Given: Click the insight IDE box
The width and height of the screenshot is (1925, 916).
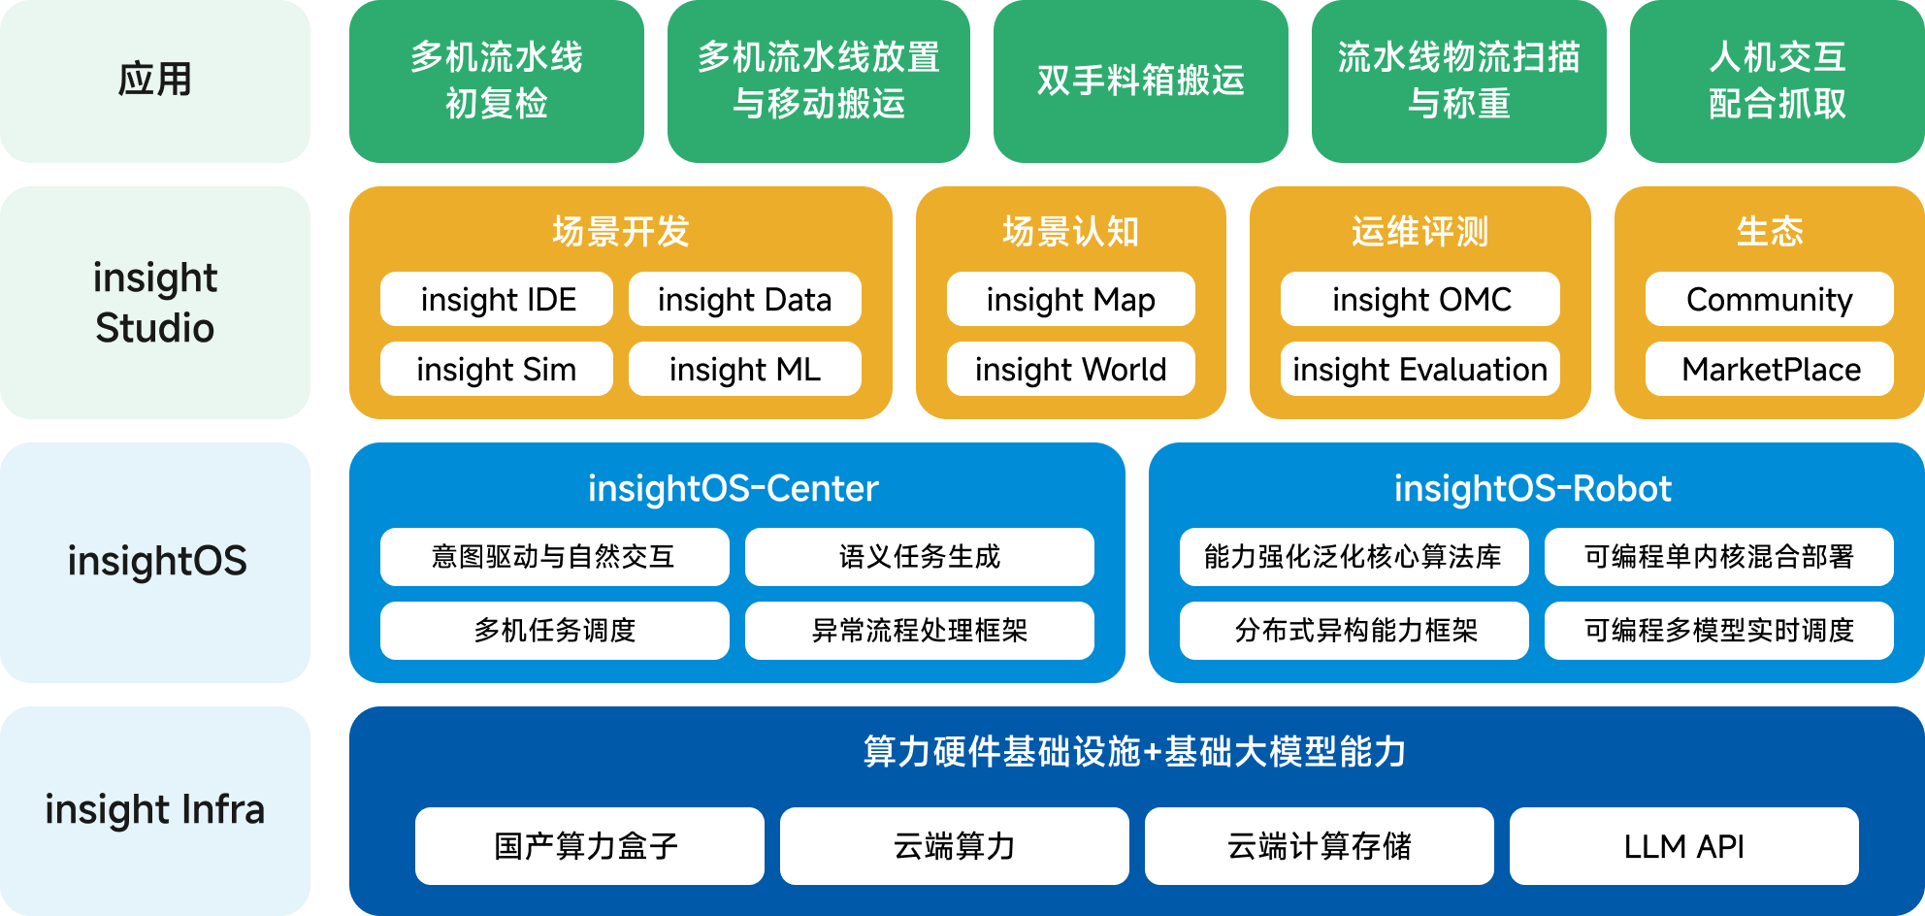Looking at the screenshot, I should [497, 299].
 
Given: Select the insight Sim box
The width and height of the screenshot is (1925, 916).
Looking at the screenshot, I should [497, 369].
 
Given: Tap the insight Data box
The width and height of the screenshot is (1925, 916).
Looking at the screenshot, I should [744, 299].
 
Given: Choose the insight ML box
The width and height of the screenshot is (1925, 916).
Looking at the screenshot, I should [744, 369].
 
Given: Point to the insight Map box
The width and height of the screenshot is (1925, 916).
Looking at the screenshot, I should [1070, 299].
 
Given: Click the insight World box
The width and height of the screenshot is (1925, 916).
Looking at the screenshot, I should [1070, 369].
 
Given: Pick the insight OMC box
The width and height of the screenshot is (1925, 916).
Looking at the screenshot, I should [1420, 299].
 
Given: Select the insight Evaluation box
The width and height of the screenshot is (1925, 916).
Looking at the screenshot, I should [1420, 369].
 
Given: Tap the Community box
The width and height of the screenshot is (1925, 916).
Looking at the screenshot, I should [1769, 299].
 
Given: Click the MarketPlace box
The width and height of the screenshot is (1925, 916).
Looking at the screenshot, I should [1769, 369].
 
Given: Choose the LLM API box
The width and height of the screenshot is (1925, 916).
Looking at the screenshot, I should [1683, 846].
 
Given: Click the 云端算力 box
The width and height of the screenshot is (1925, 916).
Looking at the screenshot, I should [954, 846].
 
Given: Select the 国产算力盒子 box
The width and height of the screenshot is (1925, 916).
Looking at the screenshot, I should [589, 846].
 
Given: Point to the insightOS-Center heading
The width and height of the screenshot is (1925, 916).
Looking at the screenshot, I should [734, 488].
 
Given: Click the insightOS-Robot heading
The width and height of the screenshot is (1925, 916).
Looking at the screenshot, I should [1533, 488].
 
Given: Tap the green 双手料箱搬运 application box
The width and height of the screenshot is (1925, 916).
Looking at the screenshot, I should [1140, 81].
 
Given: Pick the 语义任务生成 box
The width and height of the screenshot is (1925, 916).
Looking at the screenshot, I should [919, 557].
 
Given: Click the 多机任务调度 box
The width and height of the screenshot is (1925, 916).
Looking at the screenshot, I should [554, 631].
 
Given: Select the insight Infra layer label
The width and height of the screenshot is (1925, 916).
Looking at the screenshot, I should [155, 810].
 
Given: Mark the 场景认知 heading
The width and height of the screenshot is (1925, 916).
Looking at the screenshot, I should [1070, 231].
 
